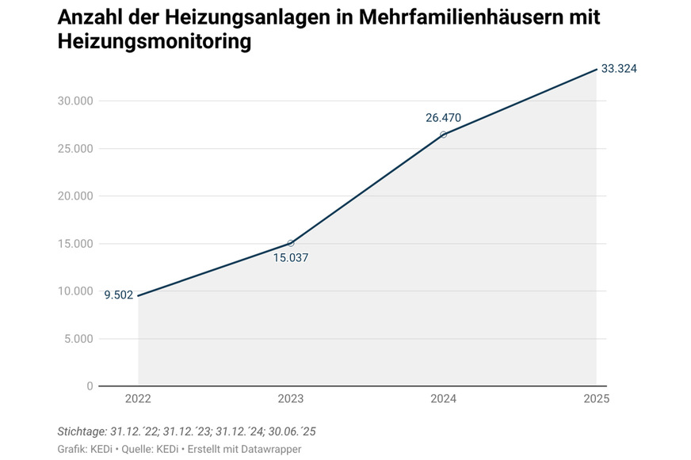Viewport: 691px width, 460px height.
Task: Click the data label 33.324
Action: click(x=619, y=69)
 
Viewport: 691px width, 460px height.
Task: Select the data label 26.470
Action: click(x=443, y=118)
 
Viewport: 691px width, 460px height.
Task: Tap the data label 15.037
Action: click(x=290, y=257)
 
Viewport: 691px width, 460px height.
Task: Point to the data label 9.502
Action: click(x=119, y=295)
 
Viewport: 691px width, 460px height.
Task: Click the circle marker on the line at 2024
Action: click(x=443, y=135)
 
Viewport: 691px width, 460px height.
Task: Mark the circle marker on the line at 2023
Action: click(x=291, y=243)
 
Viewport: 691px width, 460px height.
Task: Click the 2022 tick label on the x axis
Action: click(x=138, y=400)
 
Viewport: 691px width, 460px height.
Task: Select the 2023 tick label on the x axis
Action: click(x=290, y=400)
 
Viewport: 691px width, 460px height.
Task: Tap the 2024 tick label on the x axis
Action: click(x=443, y=400)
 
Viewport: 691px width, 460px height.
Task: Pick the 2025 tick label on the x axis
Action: click(x=596, y=400)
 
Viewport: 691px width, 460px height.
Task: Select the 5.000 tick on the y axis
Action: click(x=77, y=339)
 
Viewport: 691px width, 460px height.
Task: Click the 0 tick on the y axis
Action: click(x=90, y=386)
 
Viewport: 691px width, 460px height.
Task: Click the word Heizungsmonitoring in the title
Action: click(x=155, y=43)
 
